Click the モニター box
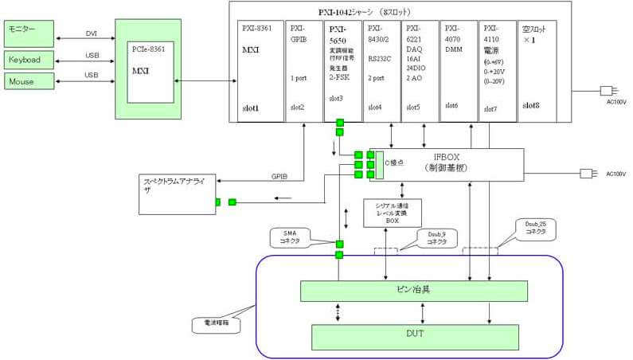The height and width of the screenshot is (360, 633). pyautogui.click(x=30, y=33)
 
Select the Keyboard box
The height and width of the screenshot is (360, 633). pyautogui.click(x=30, y=60)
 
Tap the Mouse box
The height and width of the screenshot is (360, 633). pyautogui.click(x=30, y=81)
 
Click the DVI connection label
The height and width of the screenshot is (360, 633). pyautogui.click(x=91, y=33)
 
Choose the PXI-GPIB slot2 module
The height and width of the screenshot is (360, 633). pyautogui.click(x=303, y=70)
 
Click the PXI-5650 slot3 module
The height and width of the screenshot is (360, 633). pyautogui.click(x=342, y=70)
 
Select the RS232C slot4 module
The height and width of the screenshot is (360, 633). pyautogui.click(x=380, y=70)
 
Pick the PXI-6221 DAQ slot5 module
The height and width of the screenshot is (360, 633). pyautogui.click(x=419, y=70)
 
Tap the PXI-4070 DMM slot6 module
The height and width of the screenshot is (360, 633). pyautogui.click(x=458, y=70)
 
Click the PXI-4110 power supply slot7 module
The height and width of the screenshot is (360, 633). pyautogui.click(x=497, y=70)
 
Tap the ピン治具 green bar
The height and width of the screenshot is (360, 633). pyautogui.click(x=413, y=291)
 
